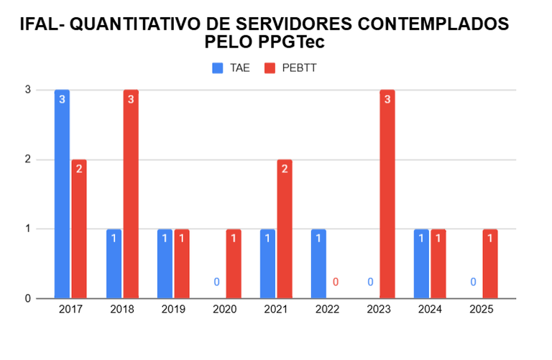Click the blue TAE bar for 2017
tap(63, 194)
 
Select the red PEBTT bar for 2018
tap(130, 194)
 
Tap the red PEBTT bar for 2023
tap(387, 194)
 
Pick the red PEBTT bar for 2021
tap(285, 229)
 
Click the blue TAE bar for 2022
tap(319, 263)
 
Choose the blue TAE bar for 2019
tap(165, 263)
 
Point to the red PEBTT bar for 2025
tap(489, 263)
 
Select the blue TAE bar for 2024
tap(422, 263)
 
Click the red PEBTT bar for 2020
tap(234, 263)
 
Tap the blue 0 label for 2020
tap(216, 282)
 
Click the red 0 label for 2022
tap(336, 282)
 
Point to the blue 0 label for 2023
tap(370, 282)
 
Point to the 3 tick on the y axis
tap(28, 90)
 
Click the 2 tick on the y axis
tap(28, 160)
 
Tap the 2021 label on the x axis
tap(276, 310)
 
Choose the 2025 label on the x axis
tap(481, 310)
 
